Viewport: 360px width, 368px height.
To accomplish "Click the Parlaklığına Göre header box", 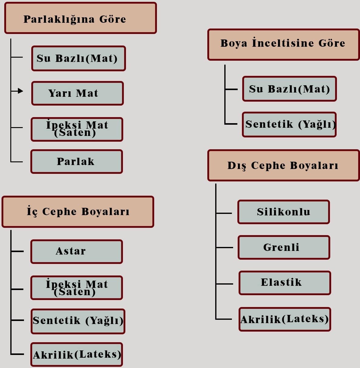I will click(x=80, y=18).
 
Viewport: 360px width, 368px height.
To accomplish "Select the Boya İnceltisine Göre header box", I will click(x=283, y=44).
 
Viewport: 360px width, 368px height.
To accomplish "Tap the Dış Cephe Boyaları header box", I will click(x=283, y=165).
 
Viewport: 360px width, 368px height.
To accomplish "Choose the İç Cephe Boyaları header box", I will click(x=78, y=212).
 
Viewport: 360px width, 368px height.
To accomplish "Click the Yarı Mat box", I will click(x=77, y=93).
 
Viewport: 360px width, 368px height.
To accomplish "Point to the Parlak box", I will click(x=76, y=161).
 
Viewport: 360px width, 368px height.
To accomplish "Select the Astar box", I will click(x=76, y=252).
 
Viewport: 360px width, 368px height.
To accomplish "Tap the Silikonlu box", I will click(x=284, y=212).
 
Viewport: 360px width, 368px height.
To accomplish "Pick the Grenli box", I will click(x=284, y=247).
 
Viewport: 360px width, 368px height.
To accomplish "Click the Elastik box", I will click(x=284, y=282).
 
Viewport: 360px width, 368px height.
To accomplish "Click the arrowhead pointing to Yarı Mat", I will click(x=20, y=91).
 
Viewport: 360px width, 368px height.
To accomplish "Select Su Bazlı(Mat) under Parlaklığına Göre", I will click(x=78, y=58).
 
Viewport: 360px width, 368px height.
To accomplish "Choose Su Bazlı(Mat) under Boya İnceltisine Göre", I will click(x=289, y=89).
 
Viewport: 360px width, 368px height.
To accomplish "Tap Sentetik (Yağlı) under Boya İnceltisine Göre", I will click(x=289, y=124).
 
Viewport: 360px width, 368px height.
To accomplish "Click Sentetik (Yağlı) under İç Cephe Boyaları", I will click(x=78, y=321).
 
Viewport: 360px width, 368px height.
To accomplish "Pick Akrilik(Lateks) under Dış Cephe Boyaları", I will click(x=284, y=319).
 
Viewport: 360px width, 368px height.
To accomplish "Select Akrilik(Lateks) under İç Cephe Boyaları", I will click(x=76, y=354).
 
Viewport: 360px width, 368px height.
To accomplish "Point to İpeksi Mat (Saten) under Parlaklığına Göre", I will click(x=77, y=129).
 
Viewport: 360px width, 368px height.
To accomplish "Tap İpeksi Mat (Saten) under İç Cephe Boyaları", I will click(x=76, y=288).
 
